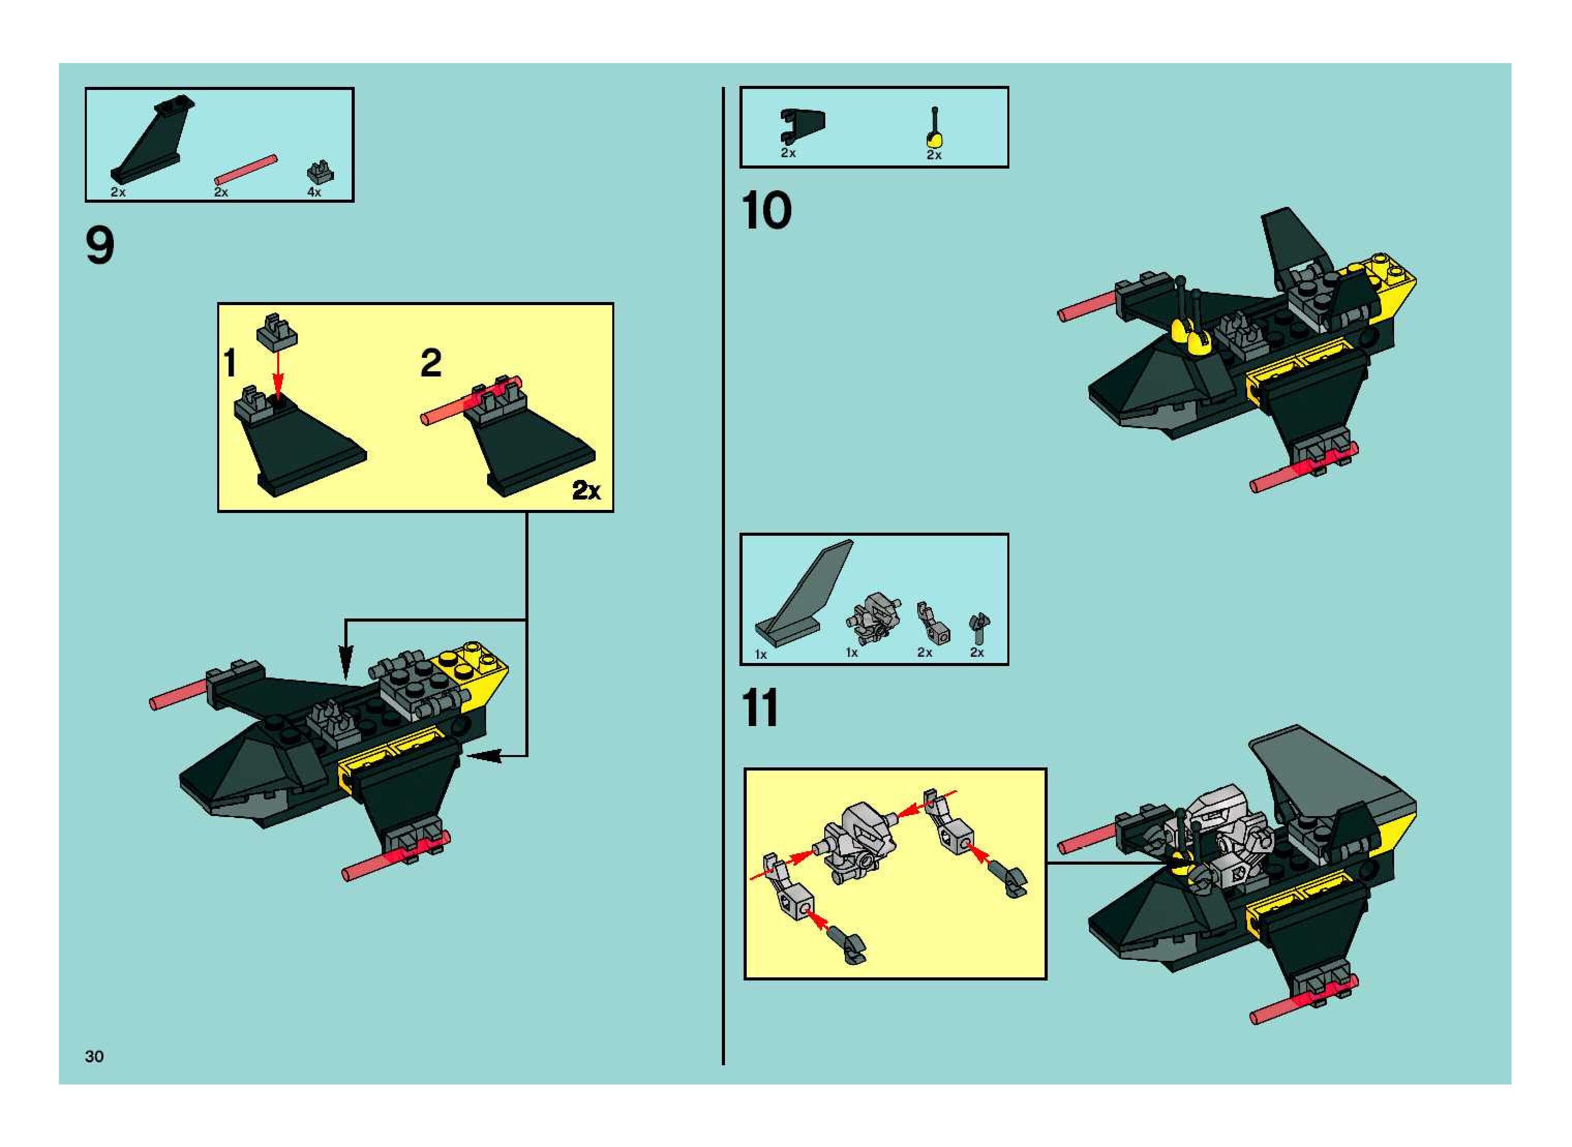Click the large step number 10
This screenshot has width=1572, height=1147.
point(766,210)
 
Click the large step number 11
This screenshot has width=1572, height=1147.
point(760,709)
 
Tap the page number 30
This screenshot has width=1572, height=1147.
point(95,1056)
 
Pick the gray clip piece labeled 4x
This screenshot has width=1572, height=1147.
point(320,172)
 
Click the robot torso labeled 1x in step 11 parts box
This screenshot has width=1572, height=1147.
point(872,618)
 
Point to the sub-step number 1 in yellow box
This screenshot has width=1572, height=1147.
point(230,363)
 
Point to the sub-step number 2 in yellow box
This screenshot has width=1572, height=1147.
point(431,363)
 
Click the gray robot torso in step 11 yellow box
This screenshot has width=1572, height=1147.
point(858,843)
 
